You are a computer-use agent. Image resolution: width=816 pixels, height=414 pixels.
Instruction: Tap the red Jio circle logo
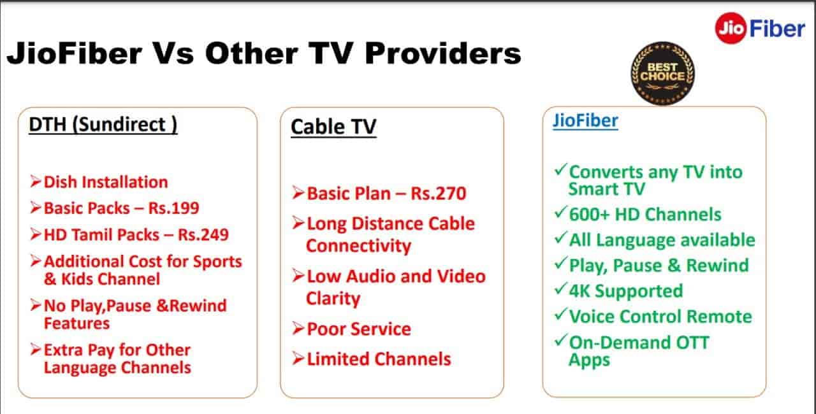coord(730,29)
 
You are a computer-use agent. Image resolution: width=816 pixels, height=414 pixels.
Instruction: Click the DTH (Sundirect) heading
coord(103,124)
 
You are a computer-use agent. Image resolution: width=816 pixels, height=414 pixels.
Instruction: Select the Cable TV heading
coord(333,127)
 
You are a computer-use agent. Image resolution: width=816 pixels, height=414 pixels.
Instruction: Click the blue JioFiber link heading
coord(585,121)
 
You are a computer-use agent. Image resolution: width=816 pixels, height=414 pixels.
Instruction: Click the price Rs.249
coord(203,234)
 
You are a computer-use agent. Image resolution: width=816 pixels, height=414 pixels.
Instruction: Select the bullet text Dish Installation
coord(105,182)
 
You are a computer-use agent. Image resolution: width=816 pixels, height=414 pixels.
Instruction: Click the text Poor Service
coord(359,329)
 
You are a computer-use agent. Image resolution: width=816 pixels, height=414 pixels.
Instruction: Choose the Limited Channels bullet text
coord(379,359)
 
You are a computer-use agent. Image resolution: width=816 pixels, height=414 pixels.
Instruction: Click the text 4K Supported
coord(625,291)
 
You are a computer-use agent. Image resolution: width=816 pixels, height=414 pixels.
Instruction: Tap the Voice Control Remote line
coord(660,317)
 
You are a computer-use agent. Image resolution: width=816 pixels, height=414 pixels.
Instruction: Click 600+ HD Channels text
coord(645,214)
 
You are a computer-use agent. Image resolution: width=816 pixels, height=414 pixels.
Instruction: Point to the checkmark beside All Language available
coord(560,239)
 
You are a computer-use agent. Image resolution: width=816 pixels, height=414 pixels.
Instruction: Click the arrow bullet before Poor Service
coord(298,329)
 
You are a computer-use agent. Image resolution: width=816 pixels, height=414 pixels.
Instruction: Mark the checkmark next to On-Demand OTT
coord(560,341)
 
